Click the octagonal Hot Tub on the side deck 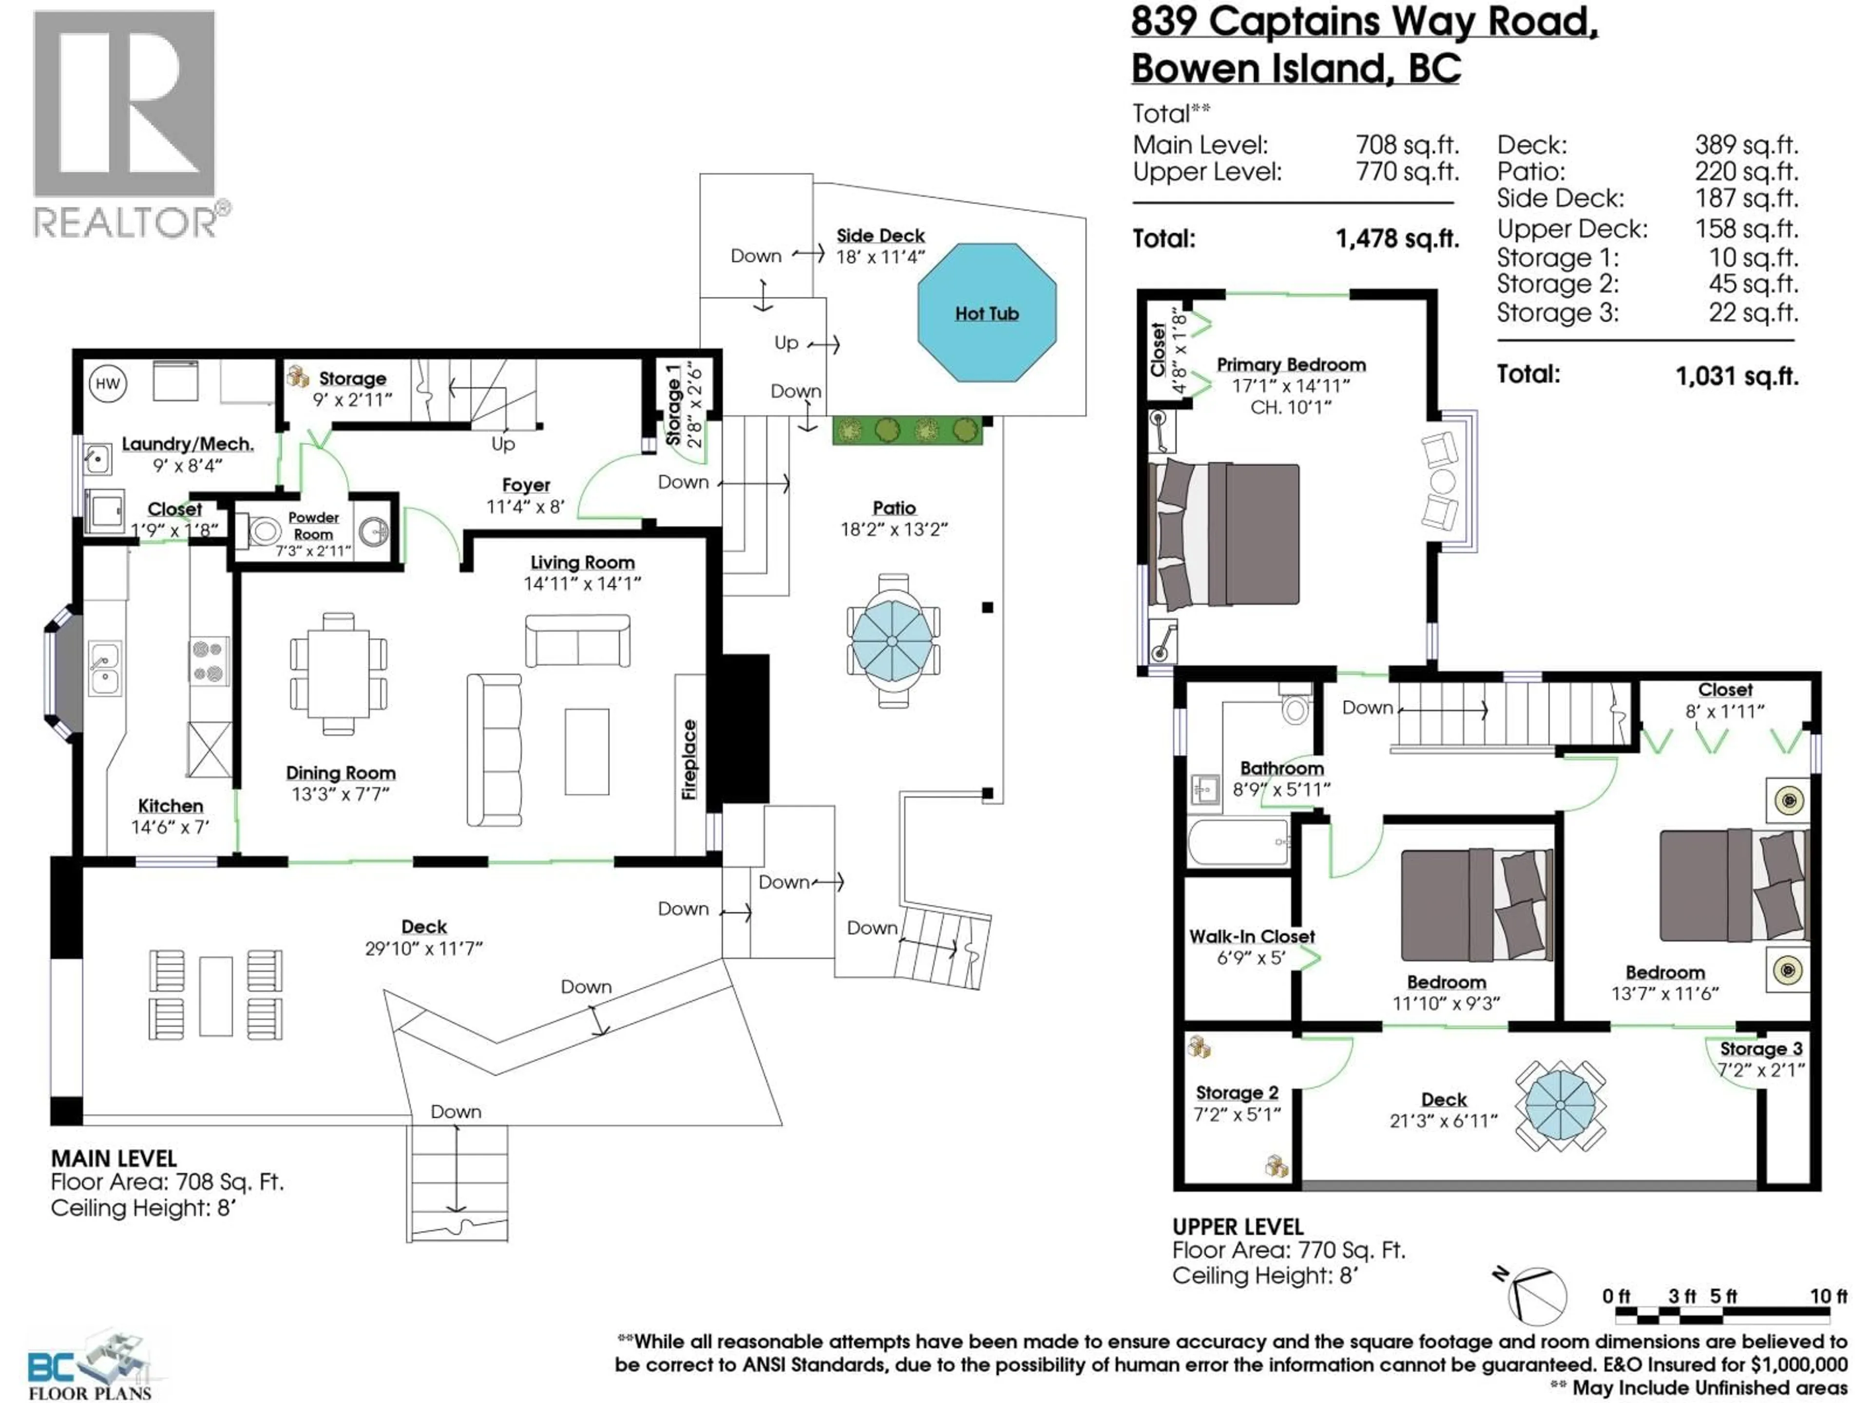tap(986, 313)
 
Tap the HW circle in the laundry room tap(107, 384)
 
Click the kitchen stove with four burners tap(208, 661)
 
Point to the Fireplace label tap(689, 759)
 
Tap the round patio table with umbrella tap(892, 641)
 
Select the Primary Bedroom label tap(1291, 364)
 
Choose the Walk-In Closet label tap(1251, 936)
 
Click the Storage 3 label tap(1760, 1049)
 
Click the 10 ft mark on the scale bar tap(1828, 1296)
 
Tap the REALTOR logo tap(127, 123)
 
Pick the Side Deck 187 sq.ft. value tap(1746, 199)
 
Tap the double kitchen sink tap(105, 668)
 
